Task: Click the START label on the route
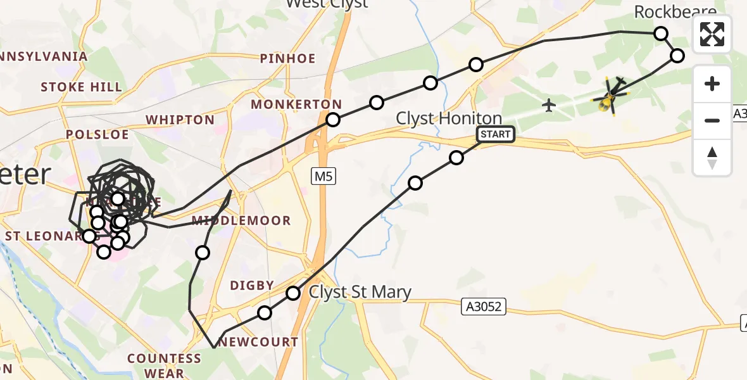[x=495, y=134]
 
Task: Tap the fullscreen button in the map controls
[x=712, y=34]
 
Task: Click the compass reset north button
[x=712, y=158]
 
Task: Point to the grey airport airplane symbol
[x=549, y=104]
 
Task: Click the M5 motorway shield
[x=323, y=177]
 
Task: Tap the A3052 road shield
[x=484, y=307]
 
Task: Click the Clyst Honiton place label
[x=449, y=118]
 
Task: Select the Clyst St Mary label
[x=360, y=292]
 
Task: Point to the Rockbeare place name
[x=675, y=11]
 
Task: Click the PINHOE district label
[x=287, y=59]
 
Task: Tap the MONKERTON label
[x=296, y=104]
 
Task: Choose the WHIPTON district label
[x=180, y=120]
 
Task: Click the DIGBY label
[x=252, y=285]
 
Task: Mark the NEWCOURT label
[x=259, y=342]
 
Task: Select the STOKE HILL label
[x=82, y=87]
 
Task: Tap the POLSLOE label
[x=98, y=134]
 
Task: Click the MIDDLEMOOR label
[x=241, y=220]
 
